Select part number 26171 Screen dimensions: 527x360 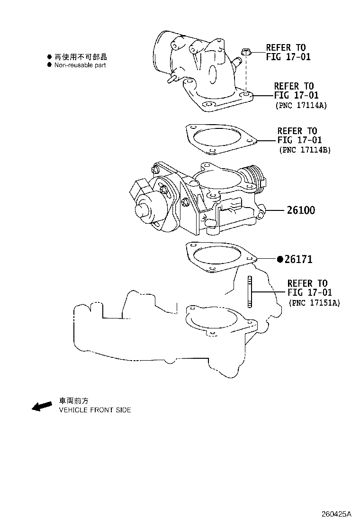(x=298, y=259)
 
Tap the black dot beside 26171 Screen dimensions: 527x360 (x=280, y=259)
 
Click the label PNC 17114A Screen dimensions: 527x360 (x=301, y=106)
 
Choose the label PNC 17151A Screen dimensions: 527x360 (x=314, y=302)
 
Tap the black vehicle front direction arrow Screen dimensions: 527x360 (x=42, y=406)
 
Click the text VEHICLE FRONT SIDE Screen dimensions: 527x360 (x=95, y=410)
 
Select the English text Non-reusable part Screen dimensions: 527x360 (x=80, y=65)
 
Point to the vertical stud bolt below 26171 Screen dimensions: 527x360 (x=249, y=292)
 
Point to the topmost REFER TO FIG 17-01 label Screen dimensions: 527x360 (x=286, y=52)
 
